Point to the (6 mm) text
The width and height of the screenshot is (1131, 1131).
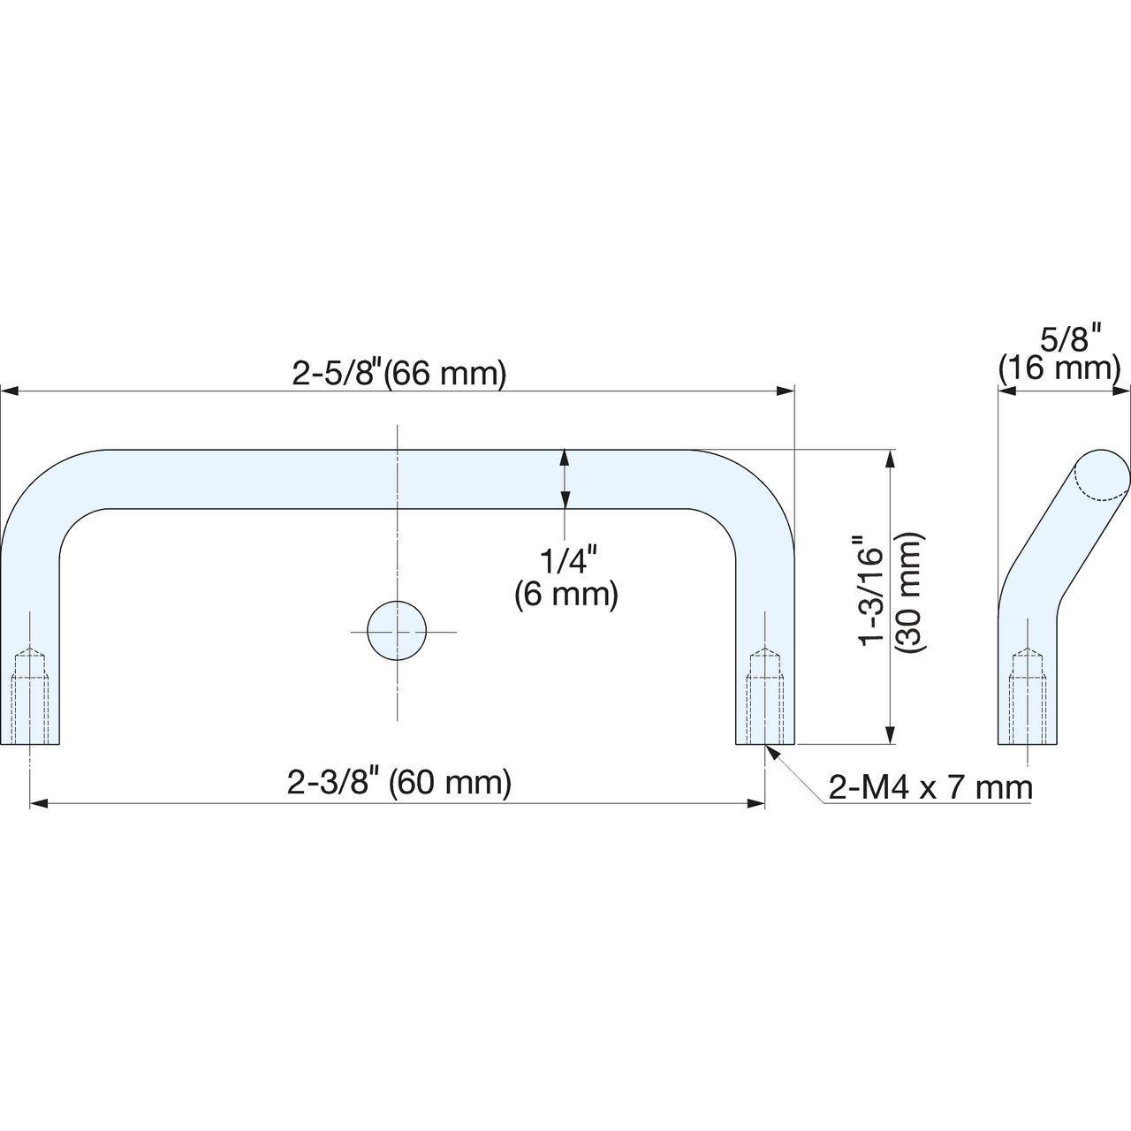click(x=567, y=596)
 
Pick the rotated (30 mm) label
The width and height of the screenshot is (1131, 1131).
click(x=908, y=593)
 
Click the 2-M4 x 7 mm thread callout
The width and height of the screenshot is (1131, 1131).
click(x=930, y=787)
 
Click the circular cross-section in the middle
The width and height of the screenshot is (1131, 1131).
click(x=397, y=631)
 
